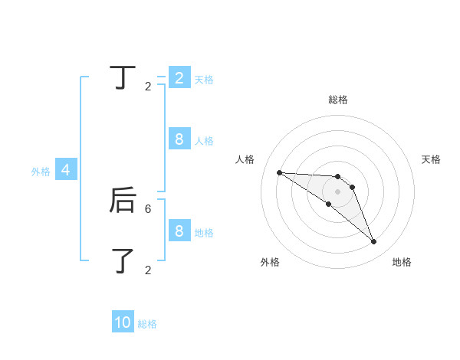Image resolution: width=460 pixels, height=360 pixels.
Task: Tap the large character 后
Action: click(x=123, y=201)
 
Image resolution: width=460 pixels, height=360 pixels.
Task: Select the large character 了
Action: click(x=123, y=260)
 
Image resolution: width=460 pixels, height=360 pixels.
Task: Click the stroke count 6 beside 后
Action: click(x=148, y=208)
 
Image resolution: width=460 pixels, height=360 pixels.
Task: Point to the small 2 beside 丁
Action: click(x=148, y=87)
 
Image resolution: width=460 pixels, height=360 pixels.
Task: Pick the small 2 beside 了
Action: click(x=148, y=270)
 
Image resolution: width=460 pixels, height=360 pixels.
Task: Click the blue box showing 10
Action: click(x=123, y=322)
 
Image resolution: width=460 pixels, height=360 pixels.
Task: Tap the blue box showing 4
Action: click(x=66, y=170)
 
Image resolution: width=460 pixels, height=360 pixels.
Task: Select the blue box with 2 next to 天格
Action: click(x=179, y=77)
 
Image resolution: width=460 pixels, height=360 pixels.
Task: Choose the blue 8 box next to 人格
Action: click(x=179, y=139)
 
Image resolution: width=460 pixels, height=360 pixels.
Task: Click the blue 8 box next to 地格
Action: click(x=179, y=231)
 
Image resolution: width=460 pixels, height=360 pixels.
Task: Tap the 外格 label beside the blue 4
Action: click(x=41, y=172)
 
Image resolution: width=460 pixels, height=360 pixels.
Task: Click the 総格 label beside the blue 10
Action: click(x=147, y=324)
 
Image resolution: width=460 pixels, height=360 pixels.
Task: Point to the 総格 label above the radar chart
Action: click(x=338, y=100)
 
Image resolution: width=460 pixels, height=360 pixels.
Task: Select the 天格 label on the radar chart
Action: click(x=431, y=159)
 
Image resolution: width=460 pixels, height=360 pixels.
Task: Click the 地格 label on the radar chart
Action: click(x=402, y=262)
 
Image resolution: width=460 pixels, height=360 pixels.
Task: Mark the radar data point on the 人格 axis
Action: click(x=279, y=172)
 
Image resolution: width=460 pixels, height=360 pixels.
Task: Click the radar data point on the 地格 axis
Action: click(x=374, y=242)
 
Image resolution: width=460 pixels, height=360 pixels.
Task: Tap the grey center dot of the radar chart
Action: click(x=338, y=191)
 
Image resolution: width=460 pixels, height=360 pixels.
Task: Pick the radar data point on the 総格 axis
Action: click(x=338, y=177)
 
